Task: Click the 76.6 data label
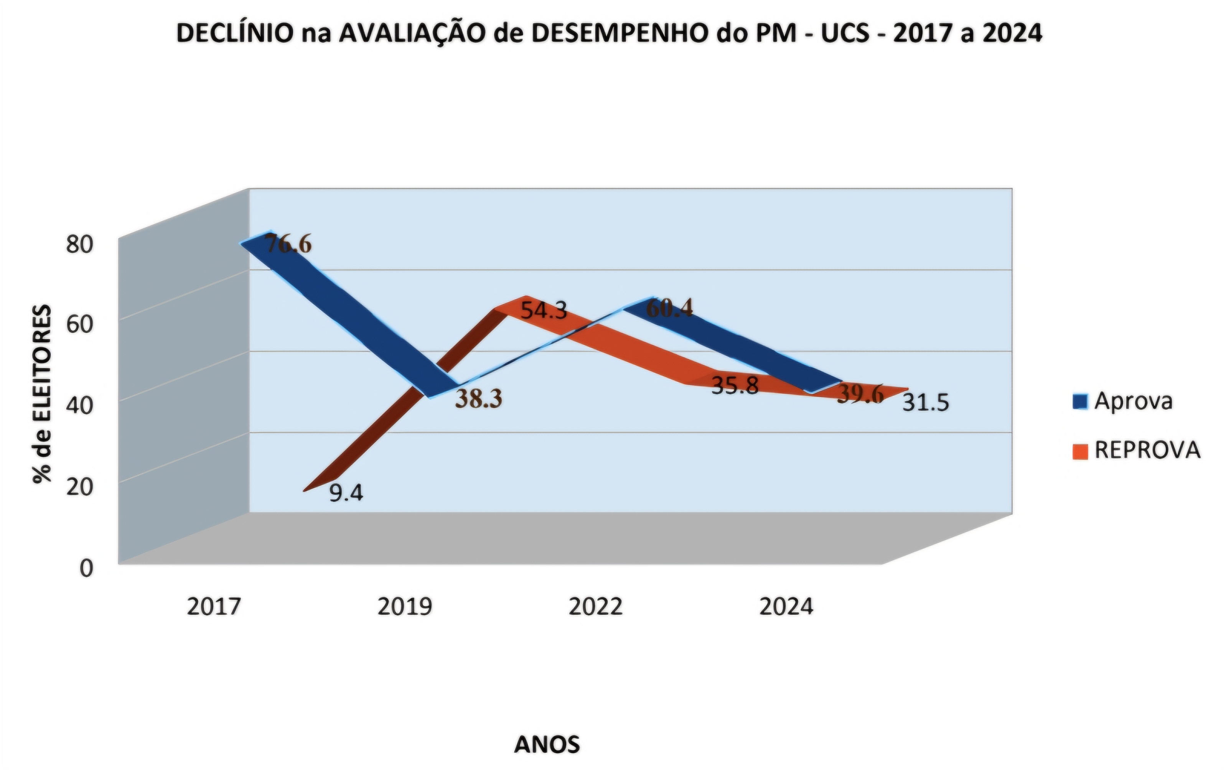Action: click(x=288, y=244)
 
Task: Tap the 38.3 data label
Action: click(x=479, y=398)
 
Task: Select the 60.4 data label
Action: click(x=669, y=308)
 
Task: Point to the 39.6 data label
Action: click(x=860, y=395)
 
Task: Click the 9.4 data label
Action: click(x=346, y=493)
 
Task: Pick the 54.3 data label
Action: click(x=544, y=311)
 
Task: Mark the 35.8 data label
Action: click(x=735, y=386)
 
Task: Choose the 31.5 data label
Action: click(x=926, y=403)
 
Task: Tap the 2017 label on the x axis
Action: click(x=213, y=607)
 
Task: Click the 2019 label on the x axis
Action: click(x=405, y=607)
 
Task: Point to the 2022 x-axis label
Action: click(x=596, y=607)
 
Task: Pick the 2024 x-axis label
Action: click(x=787, y=607)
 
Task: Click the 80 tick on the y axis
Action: click(x=80, y=245)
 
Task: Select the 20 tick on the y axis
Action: click(x=80, y=487)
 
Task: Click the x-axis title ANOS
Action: click(x=547, y=745)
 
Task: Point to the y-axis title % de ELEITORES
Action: click(x=42, y=395)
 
